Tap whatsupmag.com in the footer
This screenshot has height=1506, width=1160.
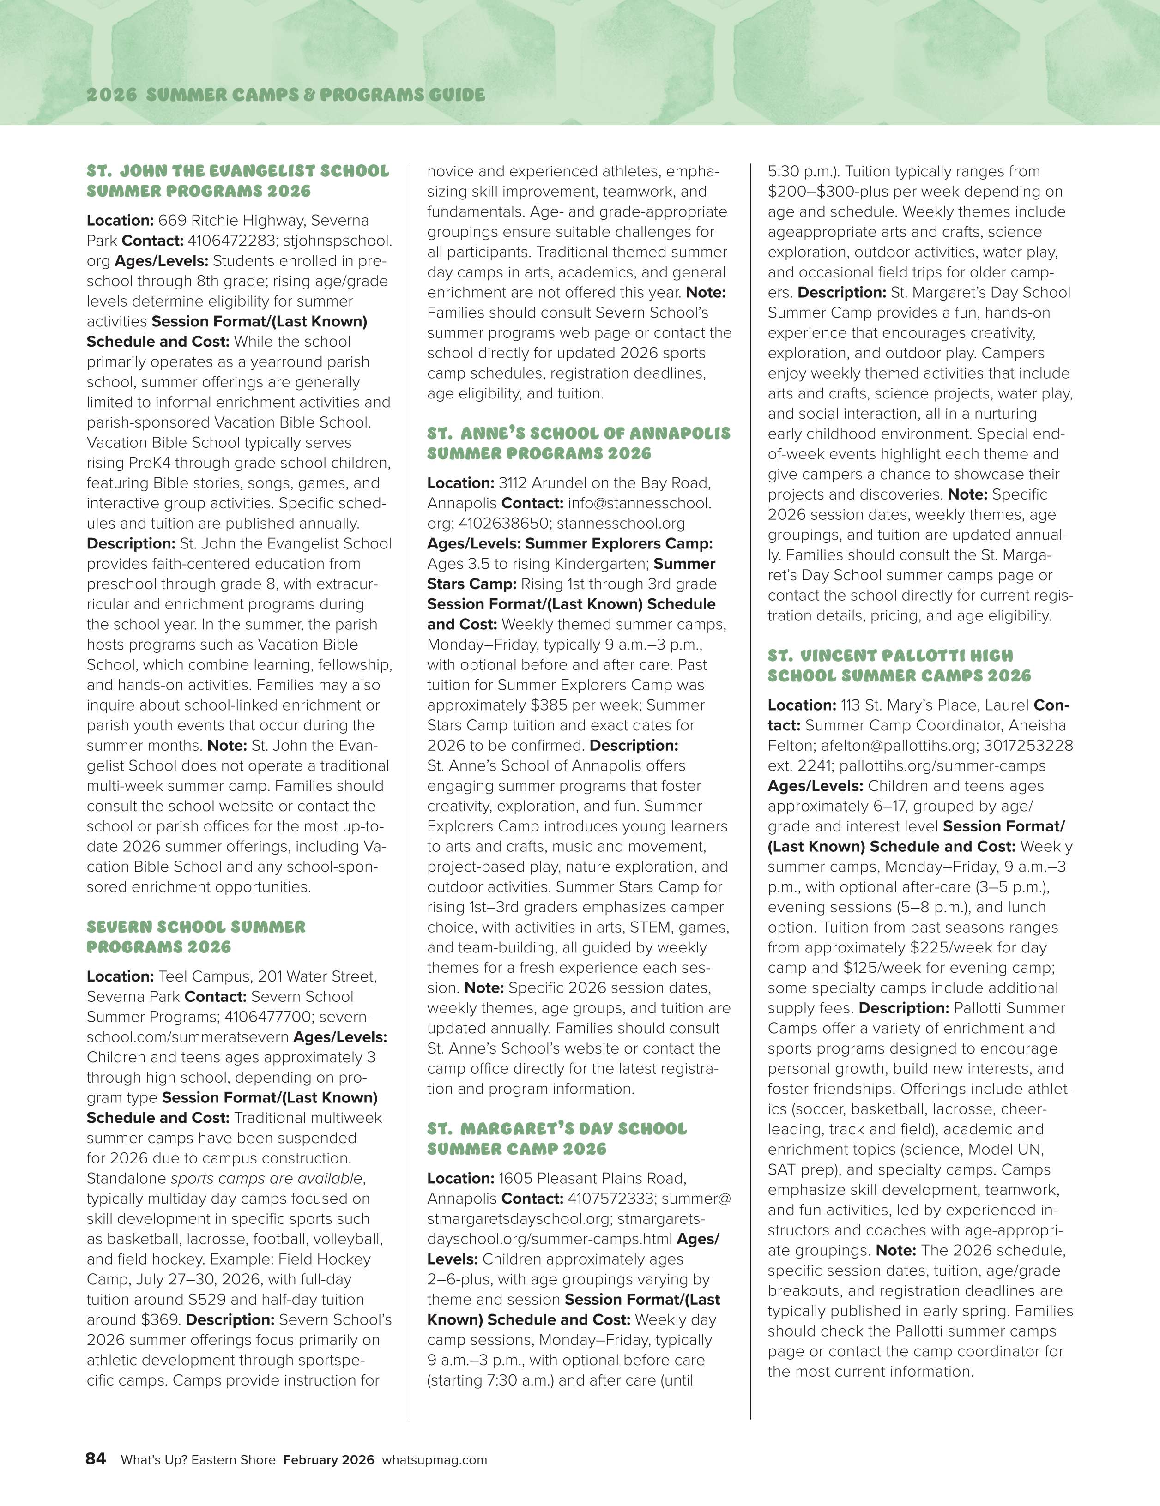tap(435, 1460)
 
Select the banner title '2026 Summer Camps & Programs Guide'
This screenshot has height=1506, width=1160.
tap(285, 95)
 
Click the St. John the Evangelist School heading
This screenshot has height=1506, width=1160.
tap(238, 181)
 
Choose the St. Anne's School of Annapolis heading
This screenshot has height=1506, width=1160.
tap(579, 443)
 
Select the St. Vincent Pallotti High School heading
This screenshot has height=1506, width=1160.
tap(899, 665)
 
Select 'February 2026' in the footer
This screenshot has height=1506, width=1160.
tap(329, 1460)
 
